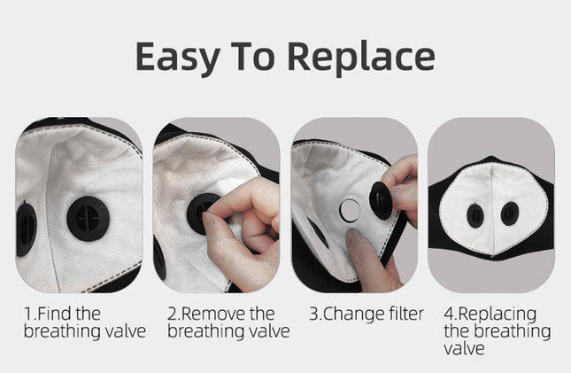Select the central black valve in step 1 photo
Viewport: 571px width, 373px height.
(x=88, y=216)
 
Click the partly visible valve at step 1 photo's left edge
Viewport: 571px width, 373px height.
(x=26, y=228)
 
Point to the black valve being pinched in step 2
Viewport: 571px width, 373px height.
(x=202, y=214)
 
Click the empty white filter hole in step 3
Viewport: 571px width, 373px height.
(x=351, y=210)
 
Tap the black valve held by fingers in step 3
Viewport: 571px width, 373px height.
(x=382, y=201)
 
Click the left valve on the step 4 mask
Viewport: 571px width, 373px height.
(x=475, y=214)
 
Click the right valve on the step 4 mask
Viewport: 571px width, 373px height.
(x=509, y=214)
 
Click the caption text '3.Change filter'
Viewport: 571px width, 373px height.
(x=366, y=314)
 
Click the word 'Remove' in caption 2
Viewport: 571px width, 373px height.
(x=217, y=314)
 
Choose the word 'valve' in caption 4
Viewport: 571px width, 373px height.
(x=464, y=349)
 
